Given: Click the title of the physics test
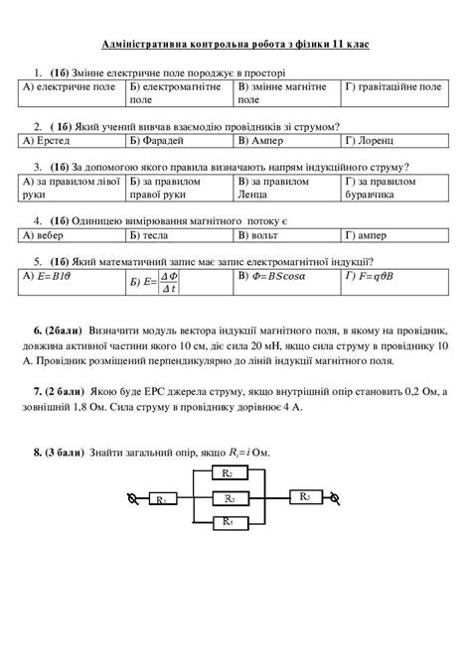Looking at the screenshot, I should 235,46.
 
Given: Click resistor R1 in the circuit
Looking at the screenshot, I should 160,500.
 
